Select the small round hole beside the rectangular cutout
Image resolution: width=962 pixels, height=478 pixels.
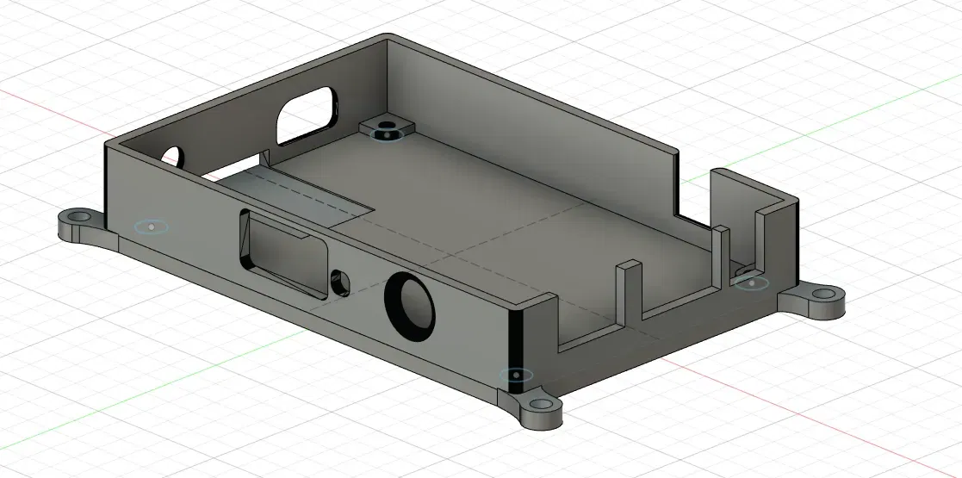pyautogui.click(x=339, y=281)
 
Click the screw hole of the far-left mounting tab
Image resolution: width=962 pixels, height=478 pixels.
pyautogui.click(x=78, y=215)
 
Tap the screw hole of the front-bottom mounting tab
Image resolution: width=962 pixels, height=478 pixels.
pyautogui.click(x=539, y=404)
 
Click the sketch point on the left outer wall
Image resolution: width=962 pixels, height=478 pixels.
pyautogui.click(x=152, y=227)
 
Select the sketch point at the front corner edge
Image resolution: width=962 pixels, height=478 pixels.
pyautogui.click(x=516, y=376)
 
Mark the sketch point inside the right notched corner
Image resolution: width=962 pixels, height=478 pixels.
pyautogui.click(x=752, y=282)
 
